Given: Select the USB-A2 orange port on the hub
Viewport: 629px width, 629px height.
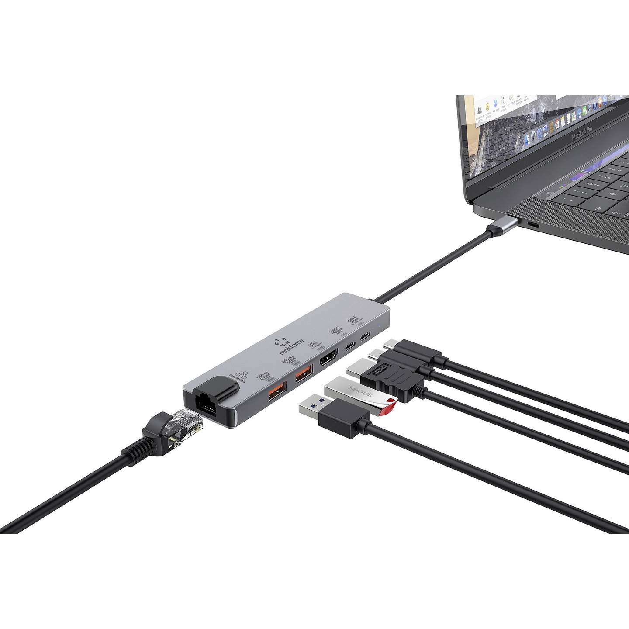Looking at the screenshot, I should point(304,373).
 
